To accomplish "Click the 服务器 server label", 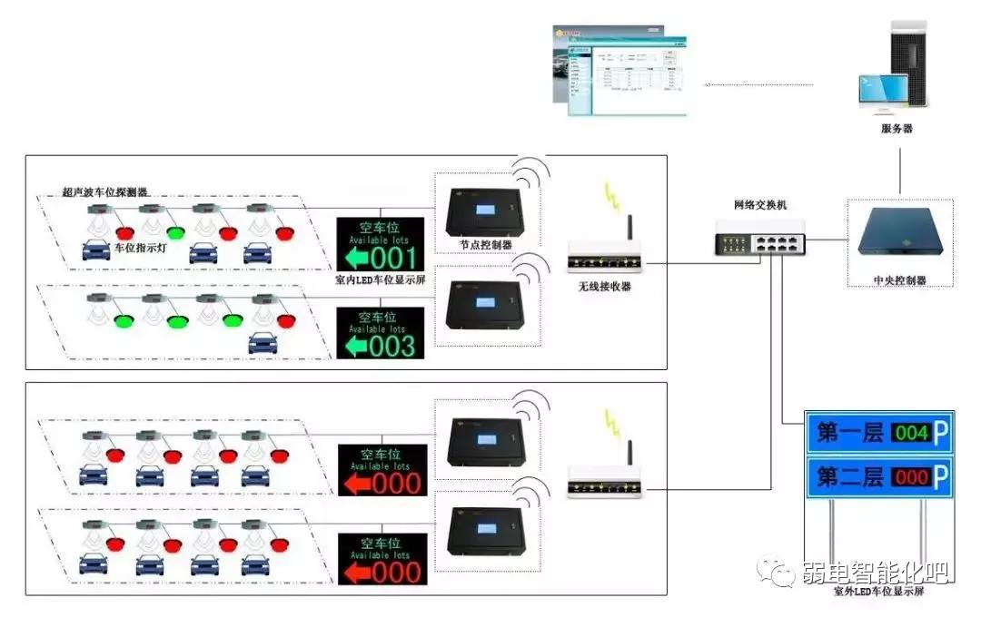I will (897, 129).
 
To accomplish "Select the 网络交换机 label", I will (760, 205).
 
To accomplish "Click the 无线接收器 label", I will (605, 287).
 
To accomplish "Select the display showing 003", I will (381, 333).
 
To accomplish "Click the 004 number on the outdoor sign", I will (911, 433).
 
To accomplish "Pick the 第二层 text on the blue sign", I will (849, 476).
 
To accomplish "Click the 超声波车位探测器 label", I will (104, 192).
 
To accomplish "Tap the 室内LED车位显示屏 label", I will (381, 281).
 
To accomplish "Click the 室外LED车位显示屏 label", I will (878, 592).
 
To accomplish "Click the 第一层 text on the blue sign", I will (849, 433).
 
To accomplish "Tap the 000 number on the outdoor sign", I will (911, 476).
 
